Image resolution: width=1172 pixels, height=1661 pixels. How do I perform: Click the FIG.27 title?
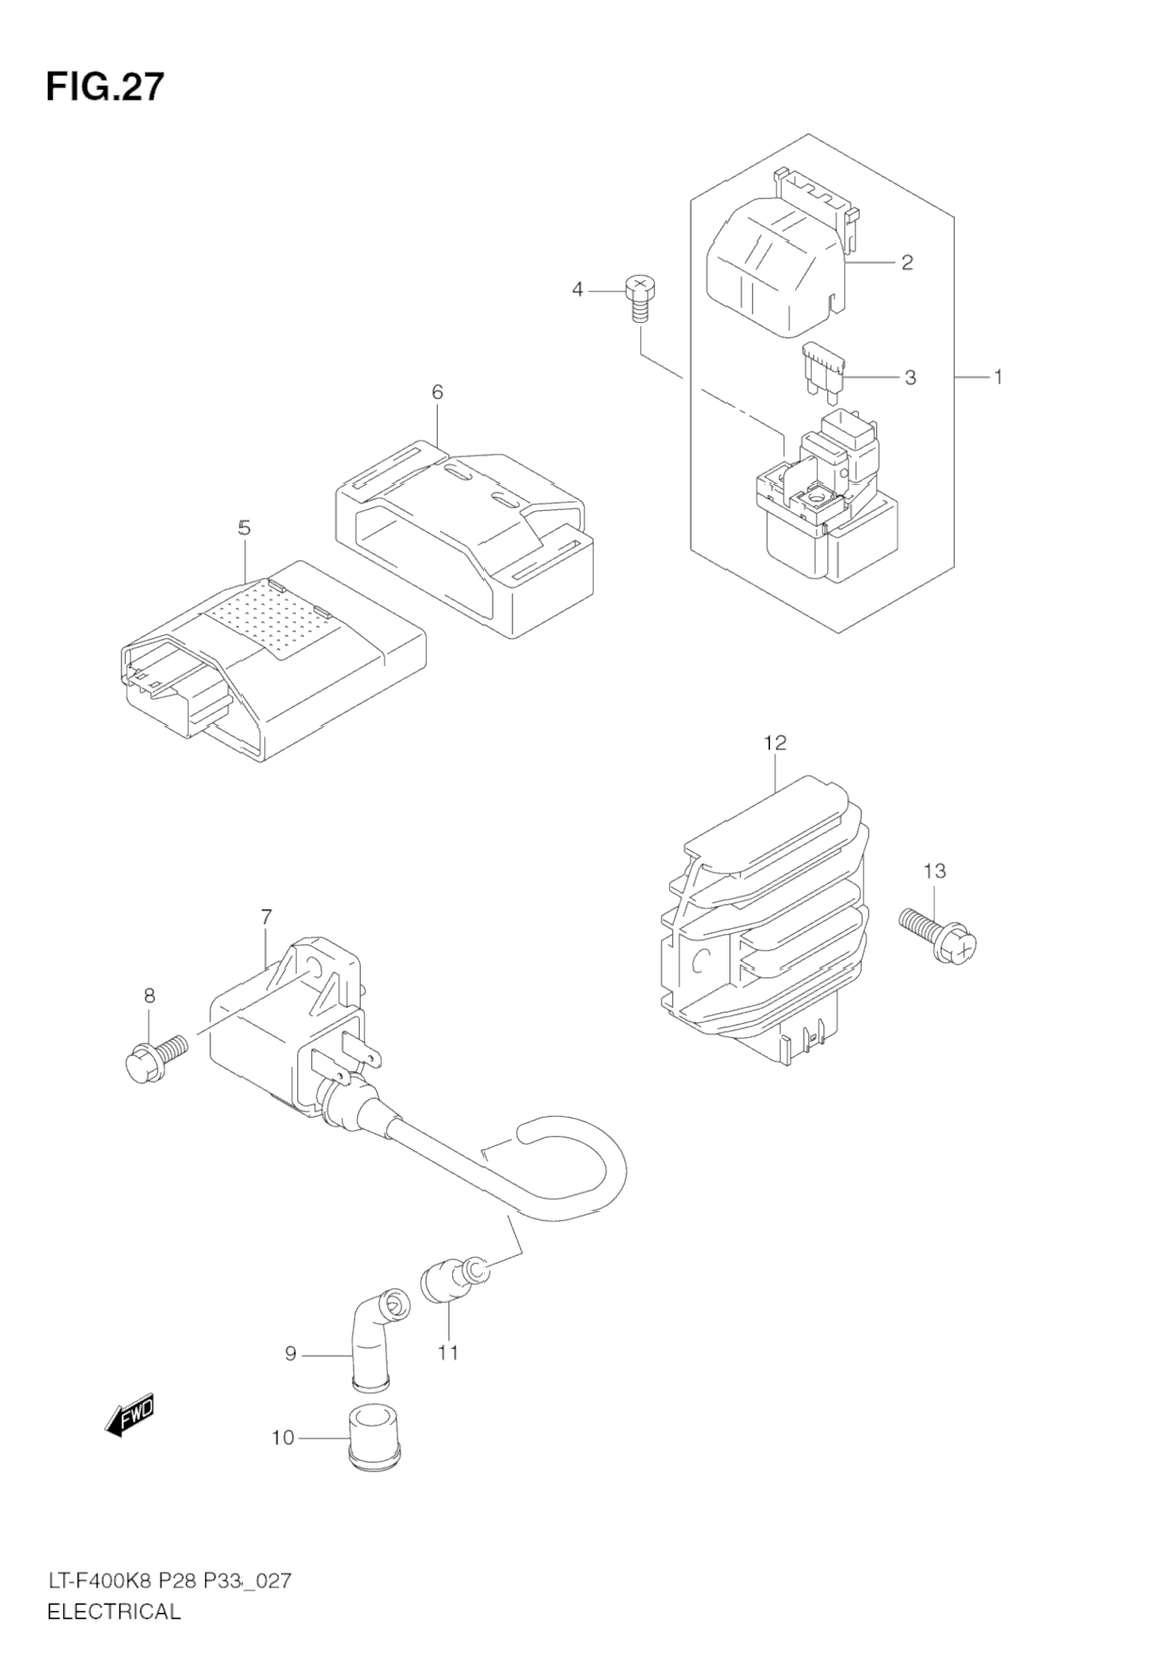point(104,86)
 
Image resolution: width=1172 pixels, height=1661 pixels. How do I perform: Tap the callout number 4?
point(578,289)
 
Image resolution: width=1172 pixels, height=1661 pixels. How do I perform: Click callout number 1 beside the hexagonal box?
point(998,377)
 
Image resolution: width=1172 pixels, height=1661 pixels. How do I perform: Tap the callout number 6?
point(437,392)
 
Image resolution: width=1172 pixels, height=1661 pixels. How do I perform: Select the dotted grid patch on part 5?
point(273,616)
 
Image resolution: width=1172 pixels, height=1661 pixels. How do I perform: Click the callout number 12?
point(774,742)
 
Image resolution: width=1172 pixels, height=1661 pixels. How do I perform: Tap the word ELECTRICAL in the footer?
point(113,1611)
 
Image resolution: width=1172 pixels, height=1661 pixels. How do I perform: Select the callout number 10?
point(283,1437)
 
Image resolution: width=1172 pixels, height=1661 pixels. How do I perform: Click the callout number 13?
point(934,871)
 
